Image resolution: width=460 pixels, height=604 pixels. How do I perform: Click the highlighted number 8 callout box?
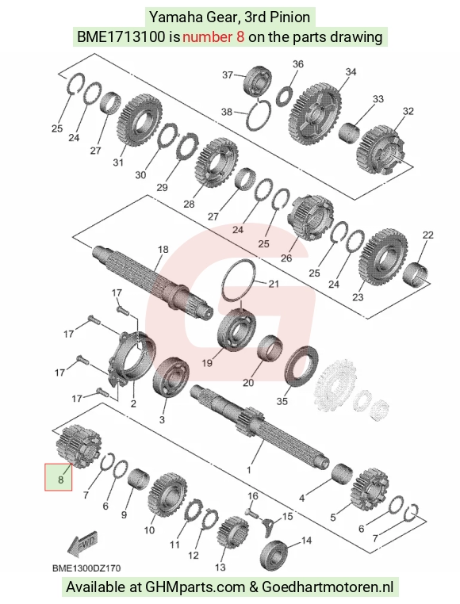click(x=58, y=477)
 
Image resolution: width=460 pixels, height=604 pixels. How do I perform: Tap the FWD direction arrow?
click(x=82, y=545)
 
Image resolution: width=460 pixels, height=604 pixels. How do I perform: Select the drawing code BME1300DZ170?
click(x=86, y=568)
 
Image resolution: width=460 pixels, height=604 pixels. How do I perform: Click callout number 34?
click(x=351, y=71)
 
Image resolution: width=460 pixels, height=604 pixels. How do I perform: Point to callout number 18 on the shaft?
click(x=163, y=249)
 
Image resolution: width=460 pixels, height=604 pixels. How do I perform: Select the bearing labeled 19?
click(x=237, y=329)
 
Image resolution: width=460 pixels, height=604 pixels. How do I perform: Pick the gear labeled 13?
click(x=233, y=533)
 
